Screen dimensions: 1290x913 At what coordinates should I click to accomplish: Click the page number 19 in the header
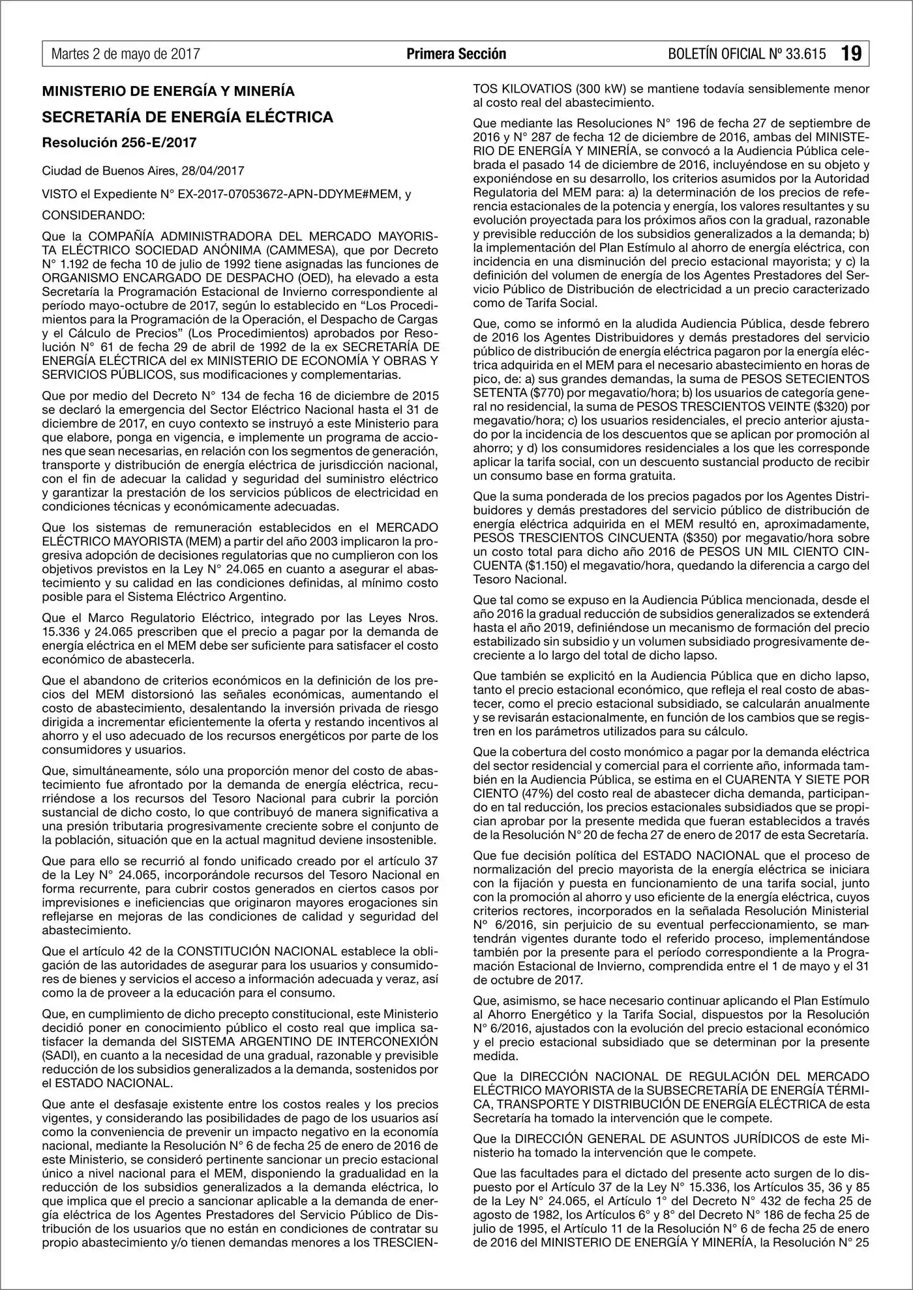click(851, 53)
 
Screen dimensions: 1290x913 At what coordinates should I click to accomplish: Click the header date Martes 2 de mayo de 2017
click(125, 54)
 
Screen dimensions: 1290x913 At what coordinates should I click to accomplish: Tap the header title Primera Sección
click(456, 54)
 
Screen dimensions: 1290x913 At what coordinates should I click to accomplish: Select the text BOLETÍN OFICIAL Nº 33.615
click(747, 54)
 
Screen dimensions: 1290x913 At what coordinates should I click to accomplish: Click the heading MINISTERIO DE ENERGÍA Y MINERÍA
click(168, 91)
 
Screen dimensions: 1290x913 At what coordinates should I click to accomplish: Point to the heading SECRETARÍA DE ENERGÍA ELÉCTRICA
click(188, 117)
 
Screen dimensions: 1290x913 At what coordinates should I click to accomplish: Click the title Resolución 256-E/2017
click(119, 143)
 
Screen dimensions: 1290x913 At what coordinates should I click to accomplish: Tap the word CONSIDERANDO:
click(94, 215)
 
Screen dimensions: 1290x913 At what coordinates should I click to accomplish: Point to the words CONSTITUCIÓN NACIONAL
click(258, 952)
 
